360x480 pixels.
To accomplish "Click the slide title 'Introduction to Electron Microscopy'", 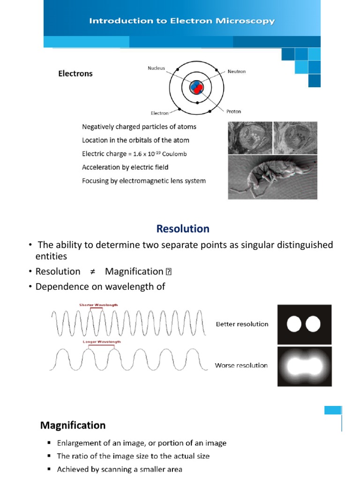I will (182, 21).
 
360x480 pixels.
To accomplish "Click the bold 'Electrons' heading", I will (75, 74).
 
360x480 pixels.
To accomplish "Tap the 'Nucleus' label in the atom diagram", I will (156, 68).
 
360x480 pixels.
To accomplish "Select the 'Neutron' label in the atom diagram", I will (237, 71).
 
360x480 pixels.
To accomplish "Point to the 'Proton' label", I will (234, 112).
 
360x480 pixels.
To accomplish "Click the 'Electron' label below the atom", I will (159, 113).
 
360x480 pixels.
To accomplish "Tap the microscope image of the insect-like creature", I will (272, 178).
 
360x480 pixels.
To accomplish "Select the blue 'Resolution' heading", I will (183, 229).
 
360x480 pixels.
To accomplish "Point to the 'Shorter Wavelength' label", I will (98, 305).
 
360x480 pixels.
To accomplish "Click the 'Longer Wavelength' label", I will (102, 342).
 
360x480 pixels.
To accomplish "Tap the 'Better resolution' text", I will (242, 324).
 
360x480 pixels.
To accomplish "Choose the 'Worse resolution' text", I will (241, 365).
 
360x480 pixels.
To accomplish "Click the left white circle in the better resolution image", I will (295, 324).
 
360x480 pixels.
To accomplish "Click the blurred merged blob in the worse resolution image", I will (304, 366).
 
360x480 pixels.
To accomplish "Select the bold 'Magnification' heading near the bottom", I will (73, 426).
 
